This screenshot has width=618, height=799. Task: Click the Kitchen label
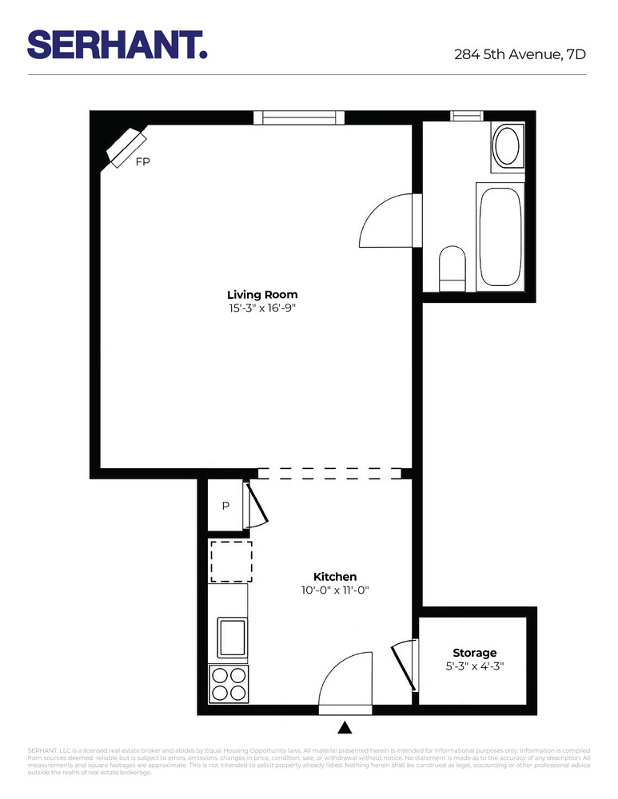(x=334, y=576)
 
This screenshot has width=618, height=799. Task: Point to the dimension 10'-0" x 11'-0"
(x=334, y=590)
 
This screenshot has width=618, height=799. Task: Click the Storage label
(x=474, y=653)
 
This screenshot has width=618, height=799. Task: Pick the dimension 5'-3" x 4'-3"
(x=474, y=666)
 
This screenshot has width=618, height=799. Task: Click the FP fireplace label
(x=142, y=161)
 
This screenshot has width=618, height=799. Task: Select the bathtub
(x=500, y=237)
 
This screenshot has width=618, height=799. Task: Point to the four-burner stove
(x=228, y=683)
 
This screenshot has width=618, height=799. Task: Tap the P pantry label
(x=225, y=506)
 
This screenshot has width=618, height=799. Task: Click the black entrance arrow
(x=345, y=727)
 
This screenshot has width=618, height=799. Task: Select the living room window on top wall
(x=299, y=118)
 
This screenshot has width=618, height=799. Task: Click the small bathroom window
(x=467, y=116)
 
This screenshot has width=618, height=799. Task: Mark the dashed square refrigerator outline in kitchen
(x=230, y=561)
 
